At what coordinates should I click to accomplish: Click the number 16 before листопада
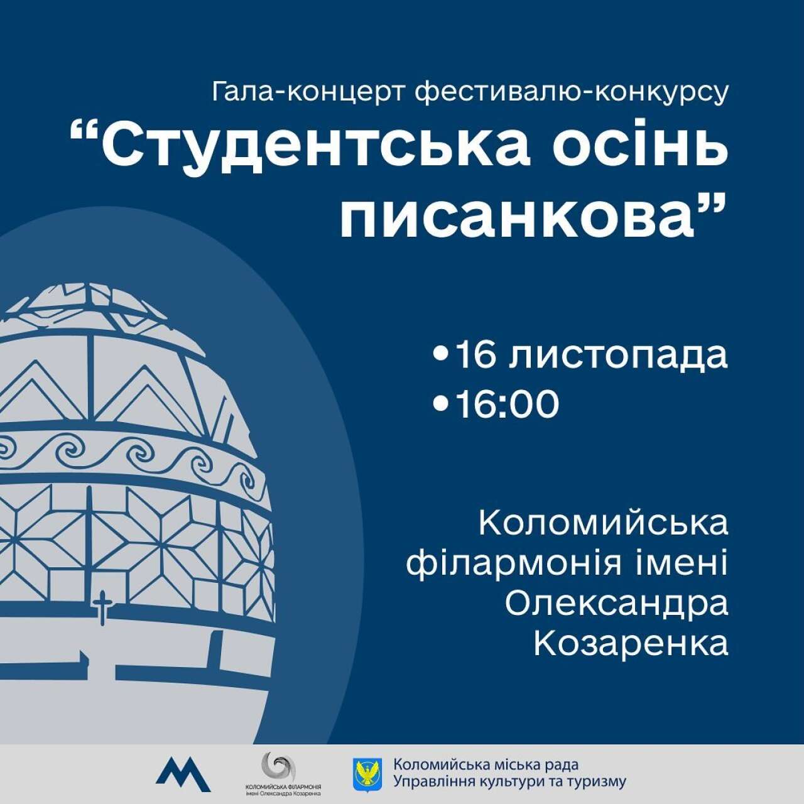[x=475, y=356]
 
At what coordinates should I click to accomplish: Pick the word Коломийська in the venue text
[x=603, y=524]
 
